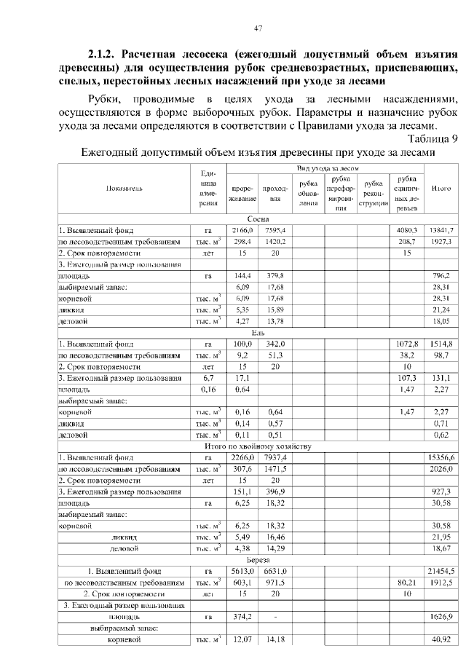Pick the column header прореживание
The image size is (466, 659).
coord(241,192)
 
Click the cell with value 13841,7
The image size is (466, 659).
coord(441,230)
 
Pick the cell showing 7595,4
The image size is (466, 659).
coord(275,230)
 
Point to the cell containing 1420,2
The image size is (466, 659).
coord(275,241)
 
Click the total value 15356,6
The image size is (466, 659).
coord(441,457)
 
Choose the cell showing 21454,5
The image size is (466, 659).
coord(441,571)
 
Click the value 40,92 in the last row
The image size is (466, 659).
coord(441,639)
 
